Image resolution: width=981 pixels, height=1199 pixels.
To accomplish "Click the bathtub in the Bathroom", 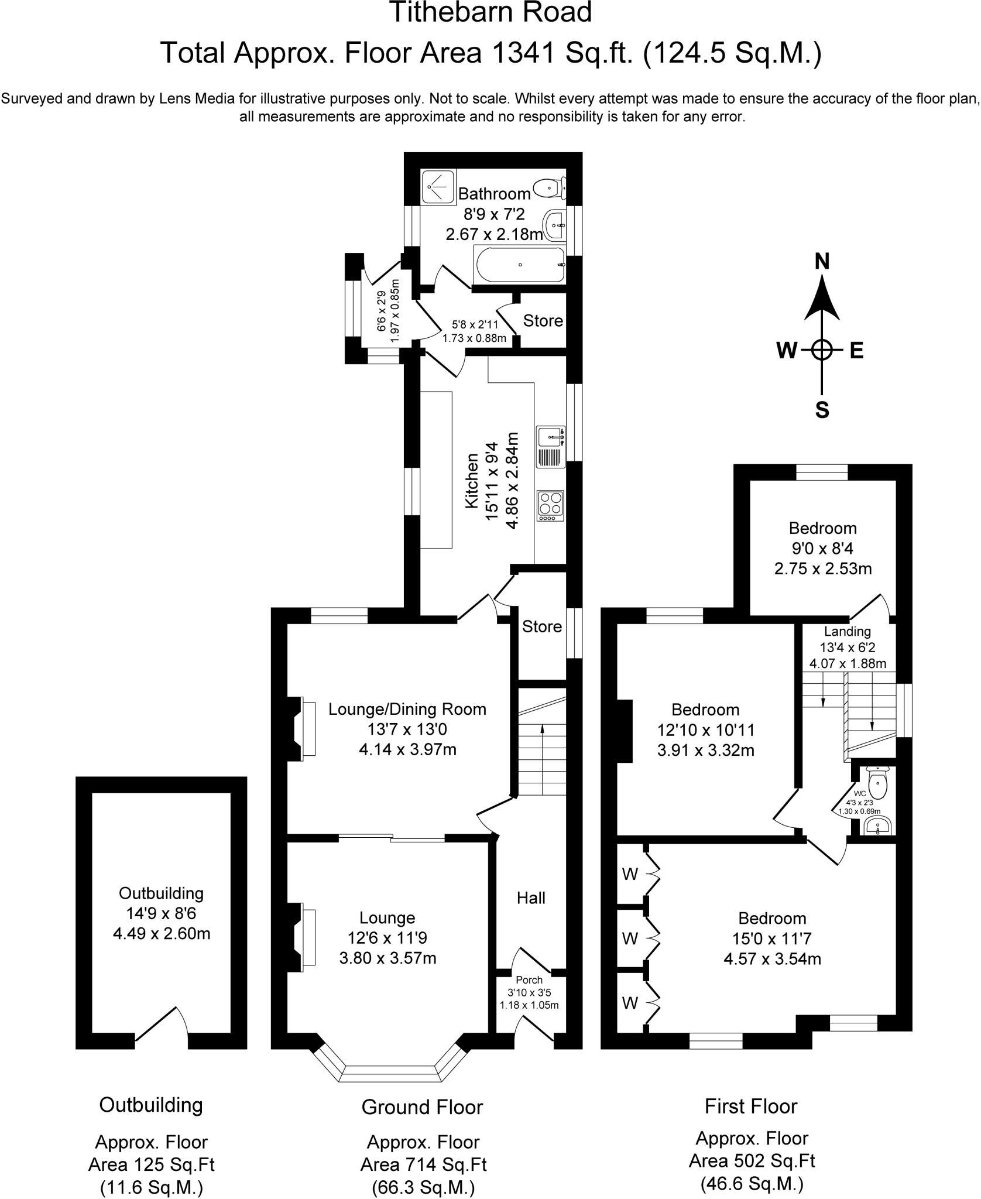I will point(520,265).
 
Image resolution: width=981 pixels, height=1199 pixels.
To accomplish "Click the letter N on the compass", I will point(822,262).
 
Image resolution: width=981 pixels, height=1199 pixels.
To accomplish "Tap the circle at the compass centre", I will point(822,350).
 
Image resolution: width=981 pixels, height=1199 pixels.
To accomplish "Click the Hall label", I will point(531,898).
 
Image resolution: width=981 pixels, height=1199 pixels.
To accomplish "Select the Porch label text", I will point(529,980).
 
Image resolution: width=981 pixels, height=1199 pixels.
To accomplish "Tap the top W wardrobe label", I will point(630,875).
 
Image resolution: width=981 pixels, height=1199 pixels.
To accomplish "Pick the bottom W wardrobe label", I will point(630,1003).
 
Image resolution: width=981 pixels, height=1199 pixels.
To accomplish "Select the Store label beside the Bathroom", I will point(543,321).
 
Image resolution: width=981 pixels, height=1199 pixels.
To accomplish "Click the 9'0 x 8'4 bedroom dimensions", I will point(822,549).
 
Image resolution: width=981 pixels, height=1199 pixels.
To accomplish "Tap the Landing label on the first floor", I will point(847,631).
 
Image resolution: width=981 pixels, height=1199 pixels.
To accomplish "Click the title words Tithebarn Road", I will point(490,13).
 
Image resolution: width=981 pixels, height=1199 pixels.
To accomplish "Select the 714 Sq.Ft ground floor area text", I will point(423,1163).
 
